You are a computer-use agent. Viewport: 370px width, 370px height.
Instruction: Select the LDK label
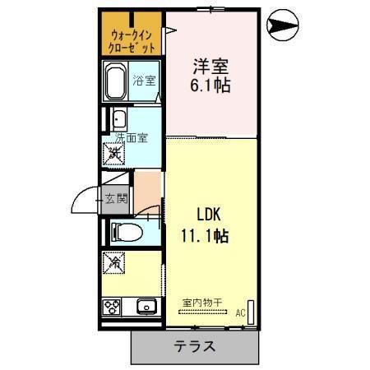click(209, 215)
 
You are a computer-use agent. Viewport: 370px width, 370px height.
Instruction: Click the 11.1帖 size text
click(205, 236)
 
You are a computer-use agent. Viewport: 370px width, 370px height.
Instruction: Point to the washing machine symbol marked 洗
click(114, 153)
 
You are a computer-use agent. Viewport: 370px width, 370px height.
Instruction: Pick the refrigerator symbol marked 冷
click(114, 265)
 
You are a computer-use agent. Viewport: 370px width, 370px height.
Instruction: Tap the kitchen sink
click(146, 308)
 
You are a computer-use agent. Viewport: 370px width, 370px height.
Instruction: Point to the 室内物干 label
click(202, 303)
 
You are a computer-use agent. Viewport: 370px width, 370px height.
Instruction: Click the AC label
click(241, 312)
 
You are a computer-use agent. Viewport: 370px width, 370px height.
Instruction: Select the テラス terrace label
click(195, 346)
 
